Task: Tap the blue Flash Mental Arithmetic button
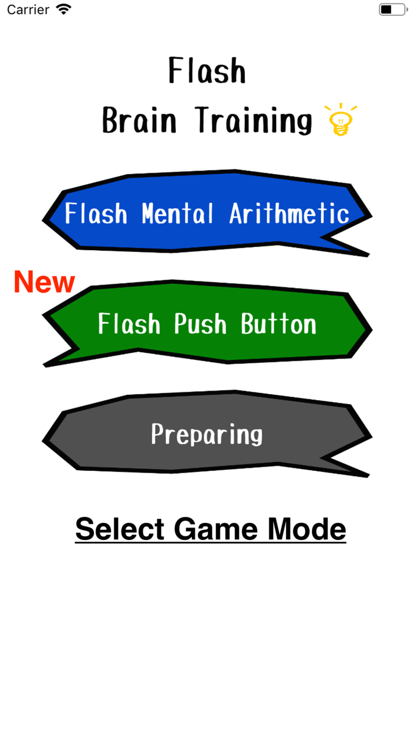pyautogui.click(x=206, y=214)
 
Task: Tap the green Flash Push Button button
pyautogui.click(x=206, y=323)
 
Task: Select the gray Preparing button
pyautogui.click(x=206, y=434)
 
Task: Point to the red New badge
pyautogui.click(x=44, y=282)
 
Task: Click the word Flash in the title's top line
pyautogui.click(x=206, y=71)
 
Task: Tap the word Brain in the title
pyautogui.click(x=139, y=120)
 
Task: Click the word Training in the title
pyautogui.click(x=254, y=120)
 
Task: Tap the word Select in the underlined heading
pyautogui.click(x=120, y=529)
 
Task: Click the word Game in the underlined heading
pyautogui.click(x=217, y=529)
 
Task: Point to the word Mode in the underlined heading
pyautogui.click(x=307, y=529)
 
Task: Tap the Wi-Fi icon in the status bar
pyautogui.click(x=63, y=9)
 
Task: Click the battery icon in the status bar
pyautogui.click(x=392, y=9)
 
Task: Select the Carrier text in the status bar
pyautogui.click(x=28, y=9)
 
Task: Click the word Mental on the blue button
pyautogui.click(x=178, y=214)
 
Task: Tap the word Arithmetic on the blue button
pyautogui.click(x=289, y=214)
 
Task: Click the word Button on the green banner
pyautogui.click(x=278, y=324)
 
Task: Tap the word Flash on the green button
pyautogui.click(x=129, y=324)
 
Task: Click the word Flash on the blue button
pyautogui.click(x=96, y=214)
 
